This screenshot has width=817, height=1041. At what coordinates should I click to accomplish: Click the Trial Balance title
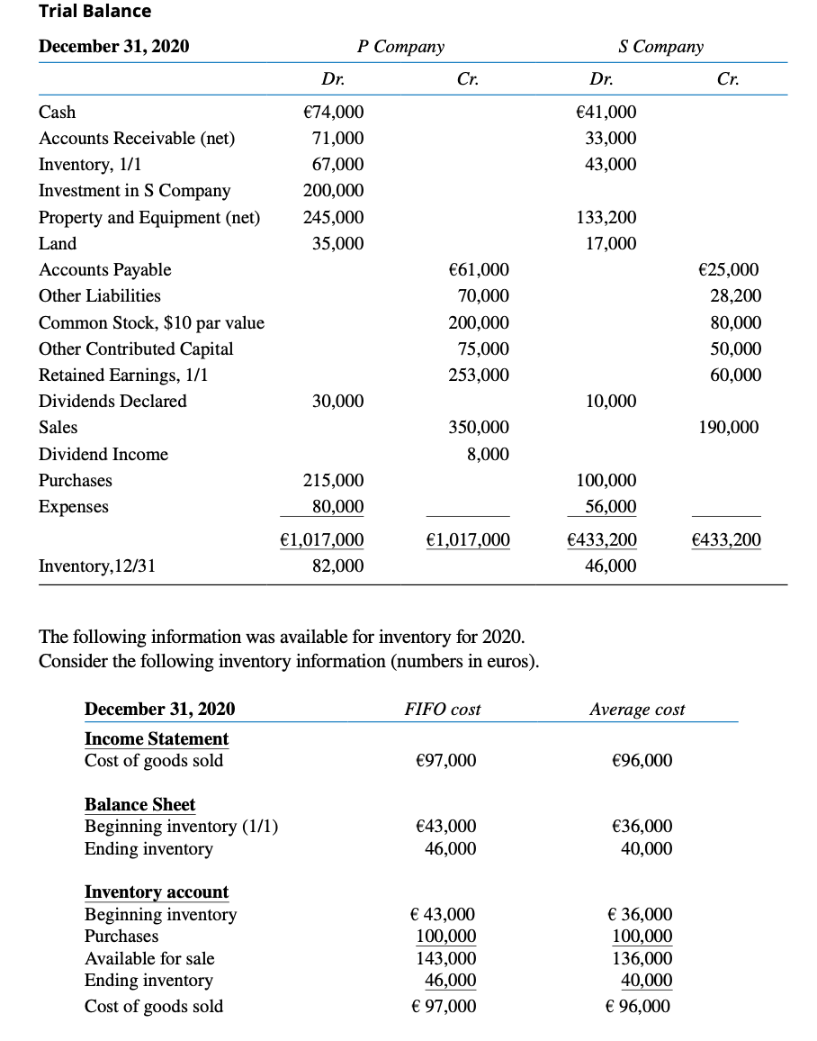click(95, 12)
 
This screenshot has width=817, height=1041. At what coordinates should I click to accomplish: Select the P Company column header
click(400, 47)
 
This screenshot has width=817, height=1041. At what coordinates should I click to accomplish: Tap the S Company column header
click(661, 47)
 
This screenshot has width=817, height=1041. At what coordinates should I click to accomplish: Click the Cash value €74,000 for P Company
click(335, 113)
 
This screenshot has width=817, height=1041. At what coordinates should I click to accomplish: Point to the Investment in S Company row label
click(134, 191)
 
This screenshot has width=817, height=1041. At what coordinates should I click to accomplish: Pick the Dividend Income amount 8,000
click(488, 455)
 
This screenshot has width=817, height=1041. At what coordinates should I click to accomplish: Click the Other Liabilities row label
click(100, 296)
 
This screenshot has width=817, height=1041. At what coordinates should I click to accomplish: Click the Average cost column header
click(637, 710)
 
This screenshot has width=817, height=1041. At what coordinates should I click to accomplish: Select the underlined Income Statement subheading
click(157, 739)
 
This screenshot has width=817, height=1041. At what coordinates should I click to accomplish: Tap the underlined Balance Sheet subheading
click(139, 805)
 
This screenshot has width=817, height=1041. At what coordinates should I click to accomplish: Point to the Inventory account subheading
click(157, 892)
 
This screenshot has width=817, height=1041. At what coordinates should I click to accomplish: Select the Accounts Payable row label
click(105, 270)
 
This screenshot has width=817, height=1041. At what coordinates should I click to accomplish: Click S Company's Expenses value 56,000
click(611, 507)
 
